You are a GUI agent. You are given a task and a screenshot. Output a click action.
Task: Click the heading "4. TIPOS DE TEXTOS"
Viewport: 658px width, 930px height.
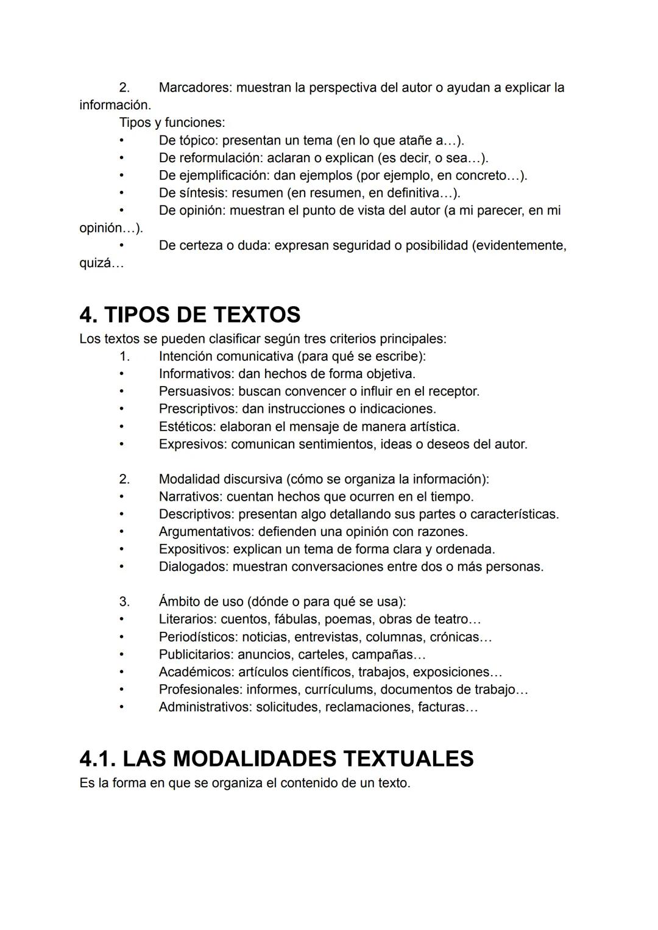click(189, 315)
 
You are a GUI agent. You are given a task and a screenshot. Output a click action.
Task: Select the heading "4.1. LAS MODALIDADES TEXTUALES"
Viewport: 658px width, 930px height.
click(276, 759)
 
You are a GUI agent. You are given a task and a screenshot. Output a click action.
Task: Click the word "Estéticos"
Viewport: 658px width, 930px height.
click(187, 426)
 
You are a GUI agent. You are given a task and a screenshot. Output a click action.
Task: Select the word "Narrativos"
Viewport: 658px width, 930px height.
click(190, 496)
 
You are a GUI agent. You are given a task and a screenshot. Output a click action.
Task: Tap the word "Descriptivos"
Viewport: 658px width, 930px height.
click(196, 514)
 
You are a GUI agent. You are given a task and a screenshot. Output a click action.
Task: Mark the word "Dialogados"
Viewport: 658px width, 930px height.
click(193, 567)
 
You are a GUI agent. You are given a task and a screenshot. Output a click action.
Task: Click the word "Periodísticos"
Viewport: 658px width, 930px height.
click(198, 637)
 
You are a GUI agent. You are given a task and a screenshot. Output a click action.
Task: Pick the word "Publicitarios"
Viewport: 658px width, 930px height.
click(196, 655)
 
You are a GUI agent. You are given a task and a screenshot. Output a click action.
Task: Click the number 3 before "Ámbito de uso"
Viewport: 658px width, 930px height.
click(124, 602)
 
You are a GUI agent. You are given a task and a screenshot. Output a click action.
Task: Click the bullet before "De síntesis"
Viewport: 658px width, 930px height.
click(122, 193)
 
